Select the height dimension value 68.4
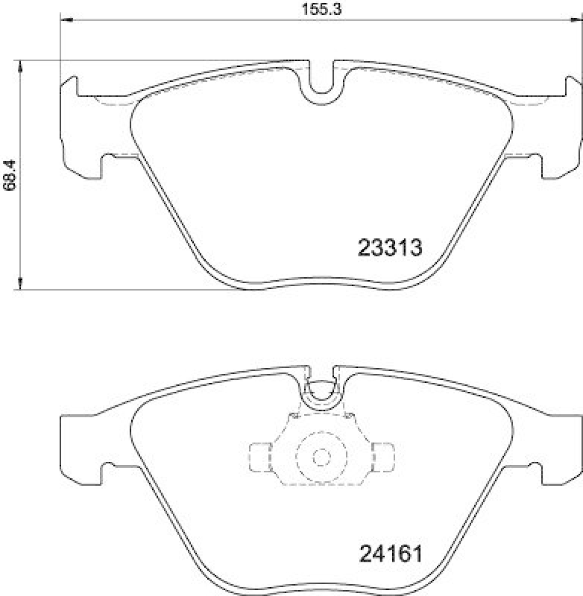point(9,175)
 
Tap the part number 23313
point(390,248)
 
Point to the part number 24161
point(391,555)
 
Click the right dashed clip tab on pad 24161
point(383,457)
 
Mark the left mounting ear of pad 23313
point(78,127)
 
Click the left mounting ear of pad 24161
point(78,443)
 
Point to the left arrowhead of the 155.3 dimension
point(63,19)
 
